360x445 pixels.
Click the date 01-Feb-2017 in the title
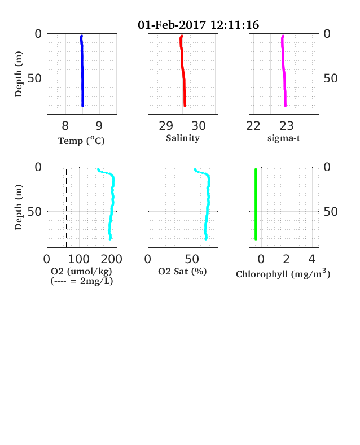point(172,25)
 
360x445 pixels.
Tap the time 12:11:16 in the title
point(235,25)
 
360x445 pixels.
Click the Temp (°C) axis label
point(81,141)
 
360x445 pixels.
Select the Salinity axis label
point(183,138)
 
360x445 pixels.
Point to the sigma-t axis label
point(284,138)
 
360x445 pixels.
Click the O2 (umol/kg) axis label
point(81,271)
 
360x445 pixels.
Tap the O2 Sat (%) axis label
point(182,271)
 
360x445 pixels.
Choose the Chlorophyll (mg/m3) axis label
point(283,273)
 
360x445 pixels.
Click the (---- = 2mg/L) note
point(82,281)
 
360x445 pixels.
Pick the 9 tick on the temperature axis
point(99,126)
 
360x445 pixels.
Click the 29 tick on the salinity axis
point(166,126)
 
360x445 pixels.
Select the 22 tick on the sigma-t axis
point(253,126)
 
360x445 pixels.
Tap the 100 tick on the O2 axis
point(79,259)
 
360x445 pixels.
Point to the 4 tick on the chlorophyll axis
point(312,259)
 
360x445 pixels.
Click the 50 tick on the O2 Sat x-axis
point(192,259)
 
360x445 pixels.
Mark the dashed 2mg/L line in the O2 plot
point(67,208)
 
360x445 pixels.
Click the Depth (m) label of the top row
point(19,74)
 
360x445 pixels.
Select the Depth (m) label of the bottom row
point(19,207)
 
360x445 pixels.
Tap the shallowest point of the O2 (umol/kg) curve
point(98,169)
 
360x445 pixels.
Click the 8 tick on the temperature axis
point(65,126)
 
